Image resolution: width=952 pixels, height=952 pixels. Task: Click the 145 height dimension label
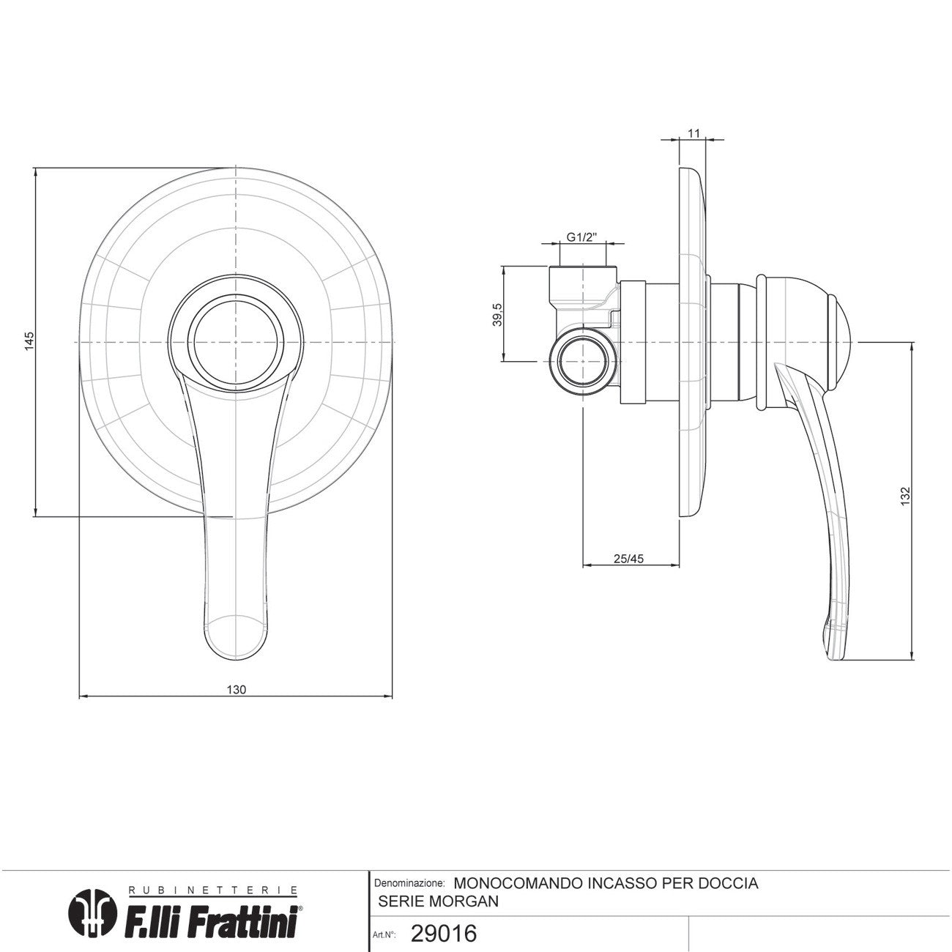(x=29, y=342)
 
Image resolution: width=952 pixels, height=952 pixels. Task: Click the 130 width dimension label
(x=236, y=689)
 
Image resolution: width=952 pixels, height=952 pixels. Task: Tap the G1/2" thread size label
(x=582, y=237)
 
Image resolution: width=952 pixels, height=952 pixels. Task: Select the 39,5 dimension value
(x=497, y=314)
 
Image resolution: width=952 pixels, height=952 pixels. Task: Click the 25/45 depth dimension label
(x=628, y=559)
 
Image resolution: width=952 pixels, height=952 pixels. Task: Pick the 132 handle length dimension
(x=906, y=496)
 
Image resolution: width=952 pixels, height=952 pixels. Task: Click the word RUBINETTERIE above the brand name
(x=213, y=890)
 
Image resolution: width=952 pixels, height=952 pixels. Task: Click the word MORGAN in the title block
(x=461, y=901)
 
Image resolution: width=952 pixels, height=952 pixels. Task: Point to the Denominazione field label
(x=409, y=884)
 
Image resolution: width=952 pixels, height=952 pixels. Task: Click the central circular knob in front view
(x=234, y=342)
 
